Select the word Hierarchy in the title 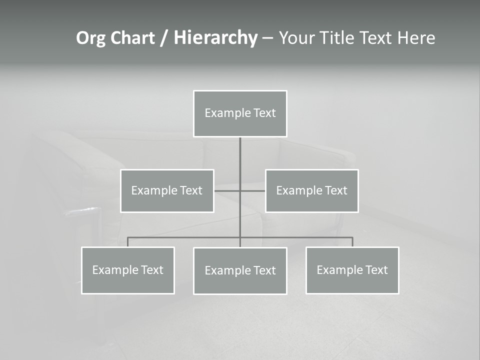pyautogui.click(x=215, y=38)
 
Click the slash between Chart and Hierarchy pyautogui.click(x=163, y=38)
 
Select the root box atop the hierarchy pyautogui.click(x=240, y=113)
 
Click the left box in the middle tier pyautogui.click(x=167, y=190)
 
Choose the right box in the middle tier pyautogui.click(x=312, y=190)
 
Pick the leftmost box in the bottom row pyautogui.click(x=128, y=270)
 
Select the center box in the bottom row pyautogui.click(x=240, y=270)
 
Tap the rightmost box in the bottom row pyautogui.click(x=352, y=270)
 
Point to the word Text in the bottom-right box pyautogui.click(x=376, y=270)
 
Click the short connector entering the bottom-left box pyautogui.click(x=128, y=242)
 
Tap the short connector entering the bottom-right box pyautogui.click(x=352, y=242)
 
